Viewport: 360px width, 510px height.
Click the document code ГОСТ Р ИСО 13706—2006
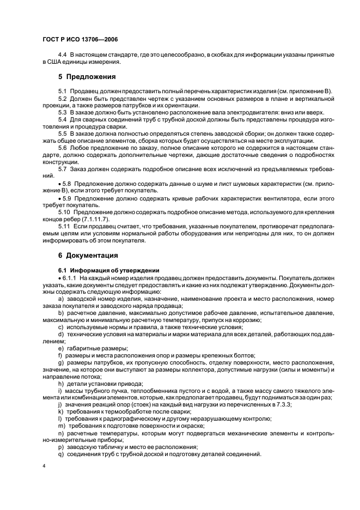[x=80, y=40]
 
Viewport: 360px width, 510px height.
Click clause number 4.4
[x=62, y=55]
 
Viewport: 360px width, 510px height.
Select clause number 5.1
[x=62, y=90]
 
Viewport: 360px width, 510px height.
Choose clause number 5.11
[x=64, y=225]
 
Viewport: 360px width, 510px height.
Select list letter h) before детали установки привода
[x=60, y=383]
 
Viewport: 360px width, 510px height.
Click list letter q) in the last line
[x=60, y=454]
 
